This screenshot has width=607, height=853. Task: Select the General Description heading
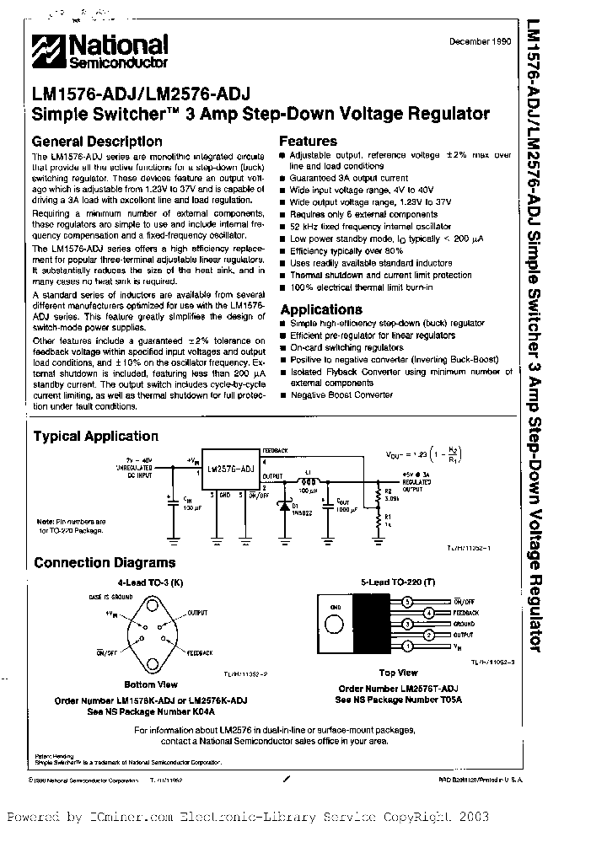[97, 142]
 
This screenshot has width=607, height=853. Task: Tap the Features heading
[308, 142]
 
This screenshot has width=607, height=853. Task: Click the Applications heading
[320, 309]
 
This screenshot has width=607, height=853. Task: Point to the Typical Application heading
[95, 436]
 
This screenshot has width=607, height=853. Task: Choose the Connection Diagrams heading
[104, 562]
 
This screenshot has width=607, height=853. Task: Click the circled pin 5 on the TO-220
[408, 602]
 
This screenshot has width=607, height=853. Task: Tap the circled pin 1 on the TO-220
[408, 645]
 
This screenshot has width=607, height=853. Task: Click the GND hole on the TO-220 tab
[336, 624]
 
